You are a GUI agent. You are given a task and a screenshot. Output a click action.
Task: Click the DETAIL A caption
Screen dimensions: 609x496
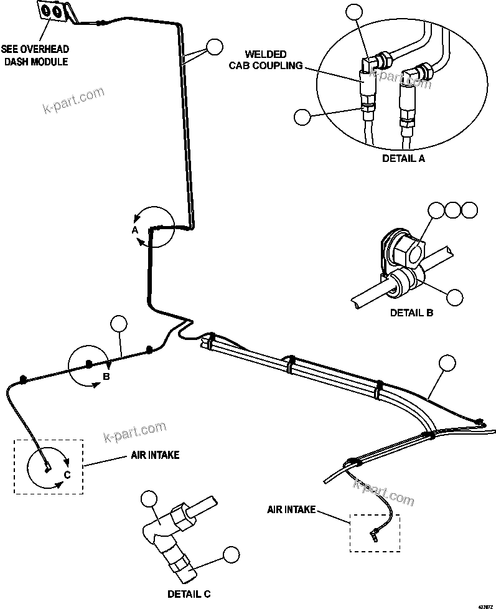403,158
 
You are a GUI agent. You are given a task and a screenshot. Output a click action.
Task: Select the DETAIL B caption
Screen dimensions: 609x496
411,313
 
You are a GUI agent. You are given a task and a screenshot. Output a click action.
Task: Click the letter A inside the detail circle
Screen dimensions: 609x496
134,230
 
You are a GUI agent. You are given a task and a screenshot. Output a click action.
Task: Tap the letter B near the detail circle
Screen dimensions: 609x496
106,377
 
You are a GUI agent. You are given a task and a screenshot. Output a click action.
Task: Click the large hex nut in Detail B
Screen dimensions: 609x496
407,250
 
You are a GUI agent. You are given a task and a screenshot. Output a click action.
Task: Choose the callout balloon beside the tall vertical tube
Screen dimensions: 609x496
215,46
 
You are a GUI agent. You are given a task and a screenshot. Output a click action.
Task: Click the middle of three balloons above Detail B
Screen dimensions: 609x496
453,210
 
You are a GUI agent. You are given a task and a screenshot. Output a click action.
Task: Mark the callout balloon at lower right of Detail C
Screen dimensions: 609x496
231,554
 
